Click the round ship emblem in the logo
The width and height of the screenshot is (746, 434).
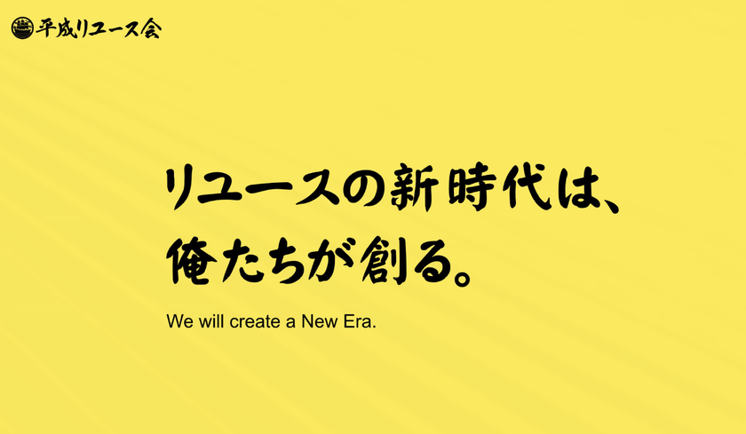[22, 28]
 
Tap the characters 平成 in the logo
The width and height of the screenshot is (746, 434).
[55, 28]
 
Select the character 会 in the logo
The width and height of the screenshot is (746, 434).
[151, 28]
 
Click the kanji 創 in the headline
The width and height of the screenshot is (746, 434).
[385, 261]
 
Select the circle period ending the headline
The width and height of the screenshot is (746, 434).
[462, 277]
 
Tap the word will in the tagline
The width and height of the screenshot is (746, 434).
[211, 322]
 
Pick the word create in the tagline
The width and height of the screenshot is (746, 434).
[256, 322]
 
